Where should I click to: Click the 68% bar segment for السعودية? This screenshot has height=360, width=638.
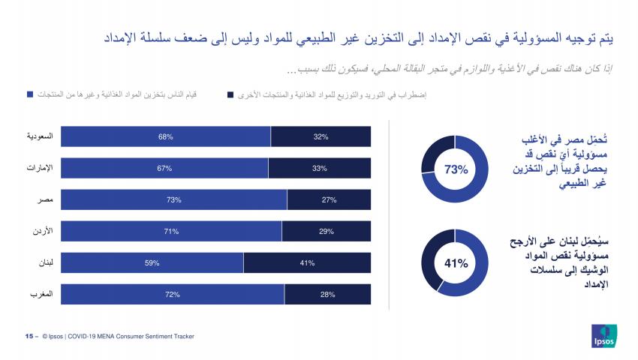pyautogui.click(x=166, y=136)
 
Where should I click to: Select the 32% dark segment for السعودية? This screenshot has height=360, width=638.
pyautogui.click(x=321, y=136)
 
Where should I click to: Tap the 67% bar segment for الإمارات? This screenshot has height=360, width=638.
pyautogui.click(x=165, y=168)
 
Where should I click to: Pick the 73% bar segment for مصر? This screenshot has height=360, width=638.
pyautogui.click(x=173, y=200)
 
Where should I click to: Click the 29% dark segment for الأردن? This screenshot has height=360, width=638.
pyautogui.click(x=326, y=232)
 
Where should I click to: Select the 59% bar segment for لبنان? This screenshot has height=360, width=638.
pyautogui.click(x=152, y=263)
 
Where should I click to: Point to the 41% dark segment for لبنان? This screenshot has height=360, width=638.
pyautogui.click(x=307, y=263)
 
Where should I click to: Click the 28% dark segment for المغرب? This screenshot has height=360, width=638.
pyautogui.click(x=327, y=295)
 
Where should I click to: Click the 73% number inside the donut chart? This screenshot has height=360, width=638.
pyautogui.click(x=456, y=169)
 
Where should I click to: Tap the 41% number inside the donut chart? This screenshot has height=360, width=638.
pyautogui.click(x=456, y=263)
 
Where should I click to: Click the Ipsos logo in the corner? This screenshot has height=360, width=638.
pyautogui.click(x=603, y=336)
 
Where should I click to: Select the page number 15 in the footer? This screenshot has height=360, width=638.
pyautogui.click(x=29, y=337)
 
